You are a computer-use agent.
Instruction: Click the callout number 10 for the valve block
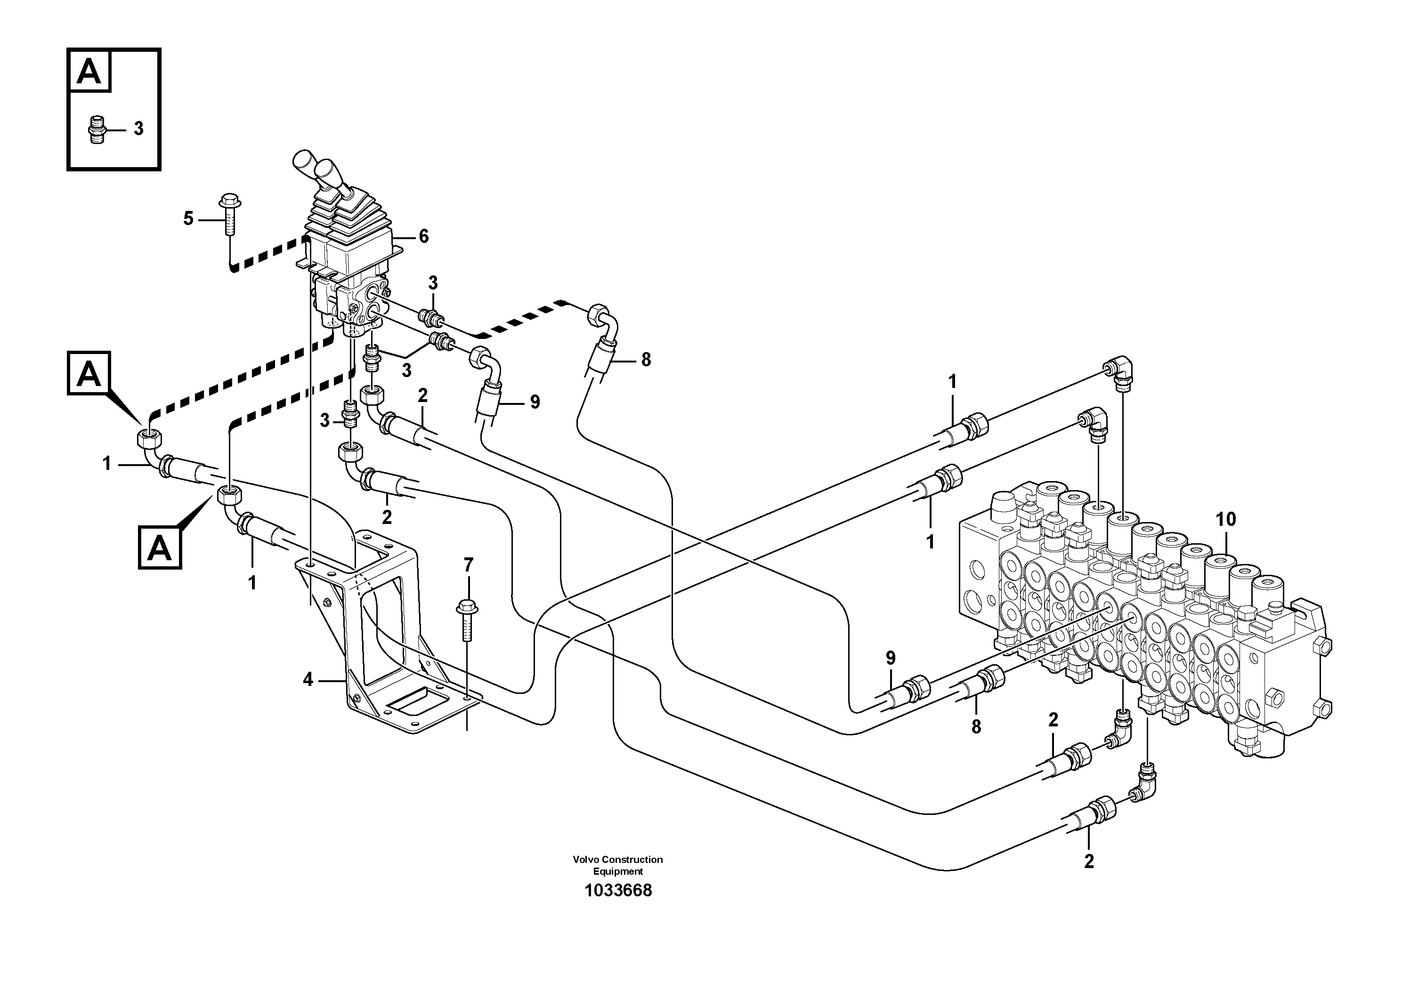coord(1225,519)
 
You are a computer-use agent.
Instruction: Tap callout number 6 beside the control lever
coord(423,236)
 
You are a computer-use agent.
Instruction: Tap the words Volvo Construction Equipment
coord(617,865)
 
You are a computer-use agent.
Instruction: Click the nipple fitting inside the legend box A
coord(96,129)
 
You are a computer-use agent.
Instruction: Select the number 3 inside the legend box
coord(138,129)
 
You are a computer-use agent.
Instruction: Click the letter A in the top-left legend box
coord(89,72)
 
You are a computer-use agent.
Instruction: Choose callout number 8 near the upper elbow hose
coord(646,360)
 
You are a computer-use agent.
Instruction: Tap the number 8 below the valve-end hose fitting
coord(976,726)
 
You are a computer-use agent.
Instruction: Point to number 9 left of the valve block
coord(890,658)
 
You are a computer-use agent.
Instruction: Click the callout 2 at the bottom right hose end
coord(1089,861)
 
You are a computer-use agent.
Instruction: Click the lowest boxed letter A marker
coord(159,547)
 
